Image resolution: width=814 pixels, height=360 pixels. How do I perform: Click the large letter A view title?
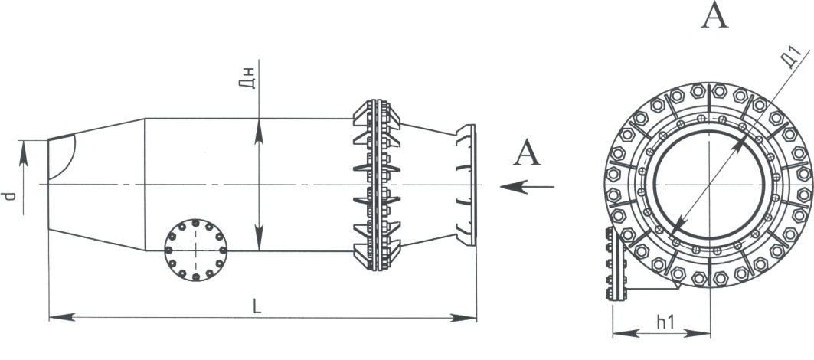[714, 16]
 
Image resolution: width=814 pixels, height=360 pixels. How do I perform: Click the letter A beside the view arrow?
[526, 153]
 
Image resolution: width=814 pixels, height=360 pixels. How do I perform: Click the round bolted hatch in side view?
[195, 249]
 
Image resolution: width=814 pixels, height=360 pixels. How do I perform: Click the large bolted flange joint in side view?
[376, 185]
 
